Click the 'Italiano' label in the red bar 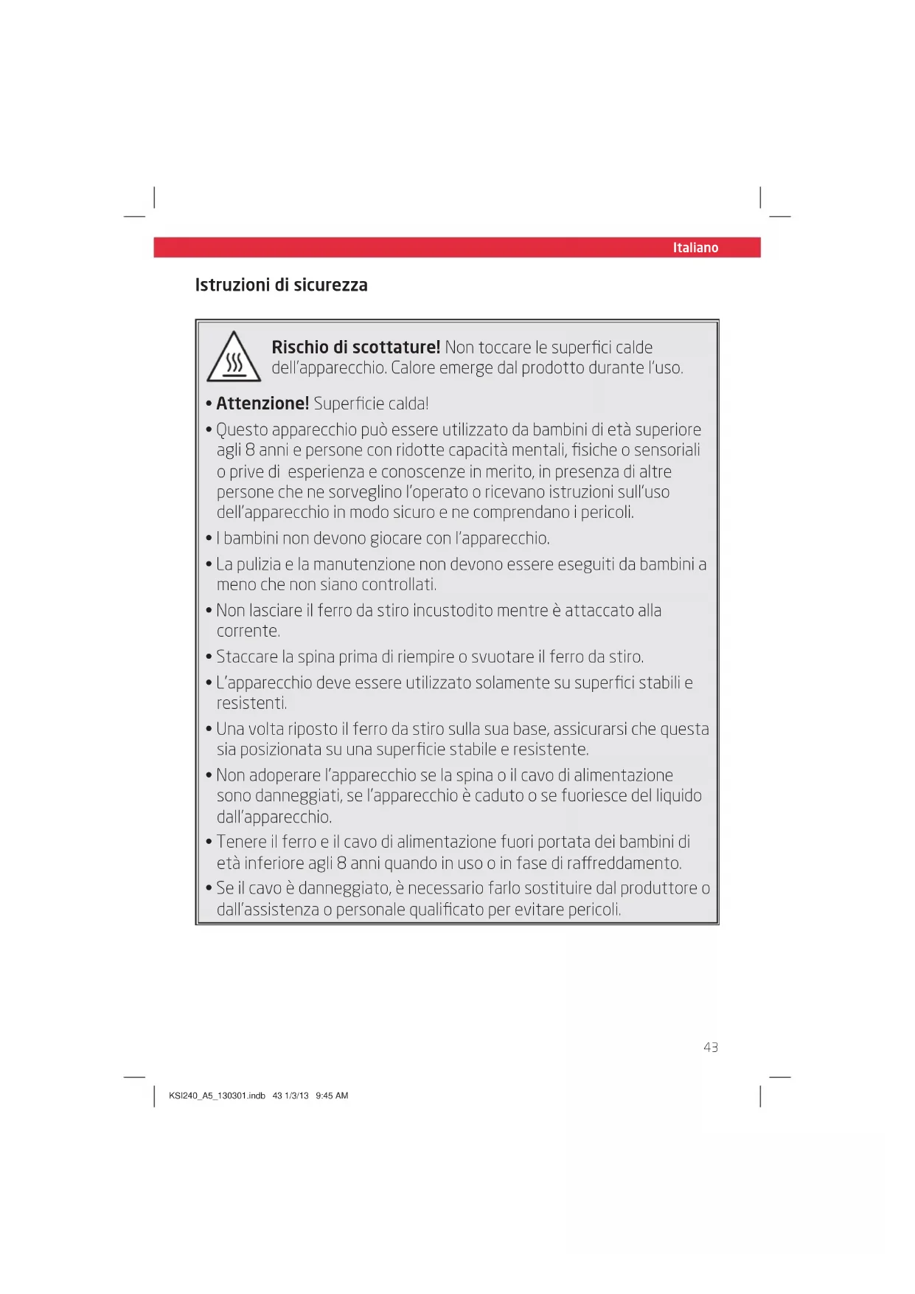pos(695,248)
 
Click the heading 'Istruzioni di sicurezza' pos(281,286)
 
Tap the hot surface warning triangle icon pos(234,359)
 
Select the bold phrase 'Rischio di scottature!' pos(355,347)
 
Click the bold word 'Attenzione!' pos(262,404)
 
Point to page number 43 pos(710,1048)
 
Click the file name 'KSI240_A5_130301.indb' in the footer pos(217,1096)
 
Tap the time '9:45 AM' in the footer pos(332,1096)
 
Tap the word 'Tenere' pos(241,843)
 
